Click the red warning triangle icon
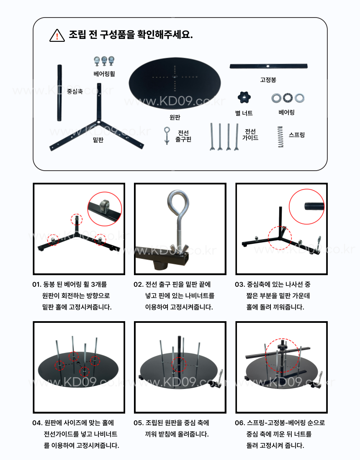(57, 36)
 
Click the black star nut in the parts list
(244, 97)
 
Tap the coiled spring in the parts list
(280, 137)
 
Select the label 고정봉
(268, 80)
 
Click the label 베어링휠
(104, 74)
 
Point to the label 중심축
(75, 91)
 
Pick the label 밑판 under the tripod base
(98, 140)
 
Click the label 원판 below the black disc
(175, 117)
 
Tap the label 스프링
(297, 135)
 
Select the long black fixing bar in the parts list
(268, 66)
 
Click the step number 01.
(37, 284)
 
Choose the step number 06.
(240, 423)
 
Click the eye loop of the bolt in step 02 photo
(177, 203)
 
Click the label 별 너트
(244, 113)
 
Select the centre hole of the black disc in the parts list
(175, 77)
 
